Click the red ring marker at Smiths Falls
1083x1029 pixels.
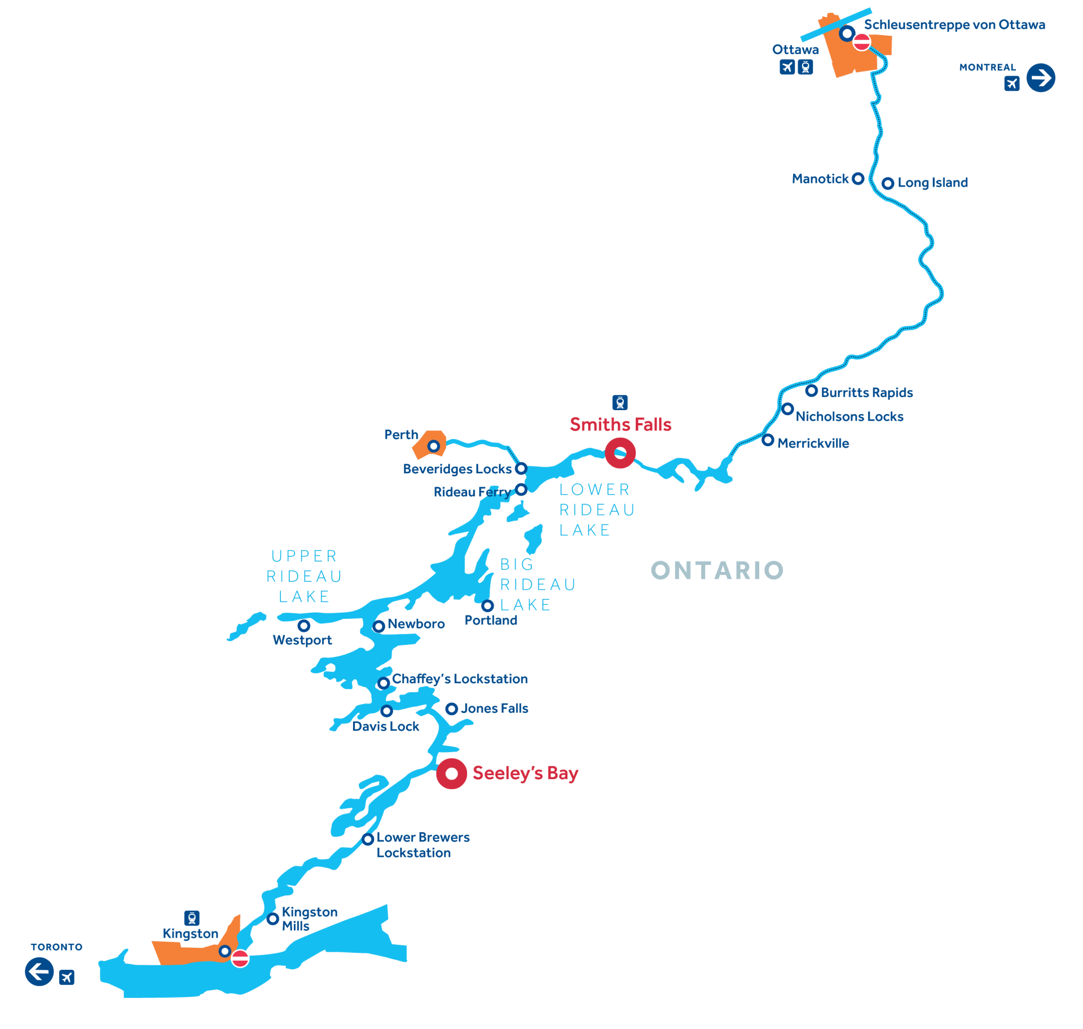(x=620, y=452)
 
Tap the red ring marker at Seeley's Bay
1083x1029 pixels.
(x=451, y=773)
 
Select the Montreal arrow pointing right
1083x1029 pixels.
(x=1040, y=77)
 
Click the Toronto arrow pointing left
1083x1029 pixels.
(x=39, y=971)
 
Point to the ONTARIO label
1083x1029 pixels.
(x=717, y=570)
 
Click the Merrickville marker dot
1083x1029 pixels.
(x=768, y=440)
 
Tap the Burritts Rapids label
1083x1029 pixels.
(x=866, y=392)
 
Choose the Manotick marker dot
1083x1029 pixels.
(x=858, y=179)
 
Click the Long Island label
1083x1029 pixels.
(x=932, y=183)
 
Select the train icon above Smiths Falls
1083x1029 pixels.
(x=620, y=403)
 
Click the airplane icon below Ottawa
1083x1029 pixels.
(x=787, y=68)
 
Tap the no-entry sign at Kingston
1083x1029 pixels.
(x=240, y=958)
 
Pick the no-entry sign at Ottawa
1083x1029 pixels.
(x=861, y=42)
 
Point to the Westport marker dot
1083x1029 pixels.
(x=303, y=626)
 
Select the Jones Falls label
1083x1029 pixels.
(x=495, y=709)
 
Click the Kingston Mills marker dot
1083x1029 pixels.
(x=272, y=919)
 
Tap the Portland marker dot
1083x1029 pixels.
(x=488, y=606)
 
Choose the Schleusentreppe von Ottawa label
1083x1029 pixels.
(x=954, y=25)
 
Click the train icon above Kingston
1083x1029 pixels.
(x=192, y=918)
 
